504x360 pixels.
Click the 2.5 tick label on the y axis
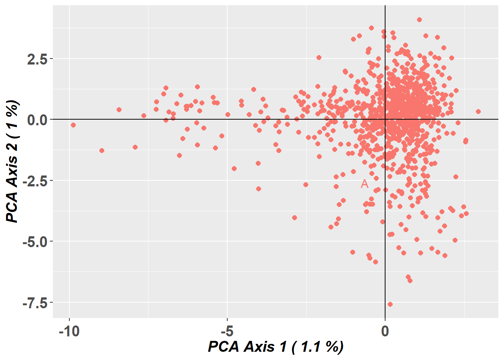pos(37,59)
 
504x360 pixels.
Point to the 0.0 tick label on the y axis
pos(37,120)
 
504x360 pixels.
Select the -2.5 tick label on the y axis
pos(35,181)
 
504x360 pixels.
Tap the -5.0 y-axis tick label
pos(35,242)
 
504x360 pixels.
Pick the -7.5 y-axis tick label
pos(35,303)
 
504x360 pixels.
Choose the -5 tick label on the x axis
pos(227,331)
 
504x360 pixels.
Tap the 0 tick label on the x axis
pos(385,331)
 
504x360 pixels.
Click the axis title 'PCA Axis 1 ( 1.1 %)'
pos(276,347)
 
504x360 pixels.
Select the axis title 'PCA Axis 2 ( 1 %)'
pos(12,161)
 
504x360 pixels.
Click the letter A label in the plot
pos(364,184)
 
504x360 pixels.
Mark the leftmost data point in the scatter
pos(73,125)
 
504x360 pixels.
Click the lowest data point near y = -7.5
pos(390,304)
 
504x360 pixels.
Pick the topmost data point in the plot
pos(419,19)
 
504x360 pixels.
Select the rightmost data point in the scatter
pos(478,111)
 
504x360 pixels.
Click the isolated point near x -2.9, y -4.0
pos(294,217)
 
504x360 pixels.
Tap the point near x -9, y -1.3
pos(102,150)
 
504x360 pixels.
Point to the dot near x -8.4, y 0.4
pos(119,109)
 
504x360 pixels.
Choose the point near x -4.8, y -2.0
pos(234,168)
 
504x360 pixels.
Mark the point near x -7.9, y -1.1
pos(135,147)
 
